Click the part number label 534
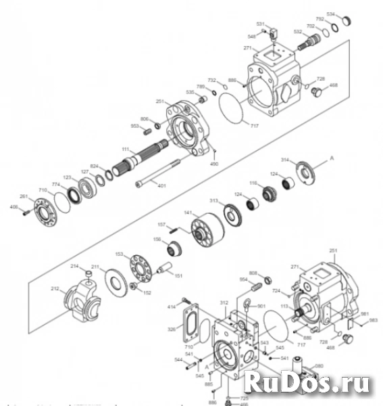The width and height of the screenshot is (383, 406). (x=349, y=14)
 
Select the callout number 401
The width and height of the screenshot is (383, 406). (x=161, y=186)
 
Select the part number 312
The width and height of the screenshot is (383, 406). (x=224, y=304)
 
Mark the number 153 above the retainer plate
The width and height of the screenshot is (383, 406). (x=120, y=254)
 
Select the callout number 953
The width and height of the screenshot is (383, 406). (x=134, y=126)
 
